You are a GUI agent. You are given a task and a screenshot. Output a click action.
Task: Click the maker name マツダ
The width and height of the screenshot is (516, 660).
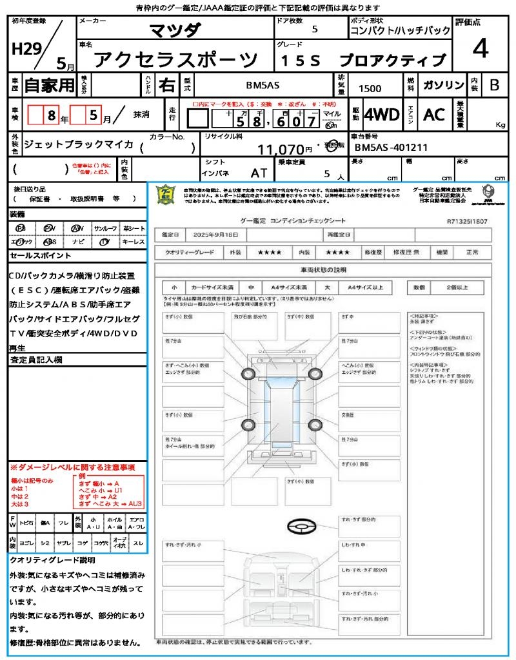[175, 30]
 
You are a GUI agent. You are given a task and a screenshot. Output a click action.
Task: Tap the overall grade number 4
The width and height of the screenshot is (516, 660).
[479, 48]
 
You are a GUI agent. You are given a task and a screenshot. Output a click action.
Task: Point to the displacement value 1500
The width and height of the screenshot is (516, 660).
[370, 88]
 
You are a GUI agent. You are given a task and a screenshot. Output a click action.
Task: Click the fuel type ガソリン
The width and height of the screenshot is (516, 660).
[442, 85]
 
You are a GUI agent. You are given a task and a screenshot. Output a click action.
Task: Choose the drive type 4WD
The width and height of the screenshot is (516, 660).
[381, 115]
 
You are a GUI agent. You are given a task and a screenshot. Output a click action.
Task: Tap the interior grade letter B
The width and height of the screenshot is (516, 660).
[494, 85]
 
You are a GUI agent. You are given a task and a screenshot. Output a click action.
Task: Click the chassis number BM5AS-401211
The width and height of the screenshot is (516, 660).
[392, 147]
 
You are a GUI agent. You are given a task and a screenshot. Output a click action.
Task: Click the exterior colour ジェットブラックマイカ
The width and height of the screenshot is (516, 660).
[78, 144]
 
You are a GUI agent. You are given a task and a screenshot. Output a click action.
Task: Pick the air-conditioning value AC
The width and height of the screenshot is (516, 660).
[434, 115]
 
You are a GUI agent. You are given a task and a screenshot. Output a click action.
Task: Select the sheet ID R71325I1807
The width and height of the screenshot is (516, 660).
[466, 220]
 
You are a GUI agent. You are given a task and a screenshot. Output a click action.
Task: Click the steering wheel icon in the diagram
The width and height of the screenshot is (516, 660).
[301, 527]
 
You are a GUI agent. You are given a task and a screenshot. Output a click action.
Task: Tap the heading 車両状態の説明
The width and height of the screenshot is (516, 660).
[323, 269]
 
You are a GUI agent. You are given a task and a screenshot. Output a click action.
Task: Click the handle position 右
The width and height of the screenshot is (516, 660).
[167, 84]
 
